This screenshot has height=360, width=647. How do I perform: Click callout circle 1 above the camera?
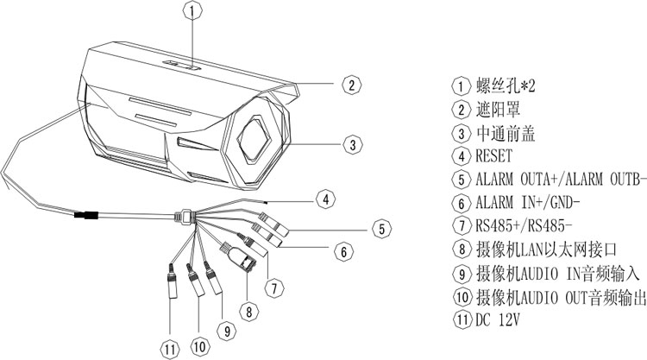(194, 10)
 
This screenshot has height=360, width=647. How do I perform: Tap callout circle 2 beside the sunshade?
(349, 85)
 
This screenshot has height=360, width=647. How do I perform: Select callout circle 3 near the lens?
(349, 144)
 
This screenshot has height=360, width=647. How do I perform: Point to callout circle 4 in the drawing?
(323, 199)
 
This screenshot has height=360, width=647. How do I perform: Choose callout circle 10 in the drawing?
(199, 346)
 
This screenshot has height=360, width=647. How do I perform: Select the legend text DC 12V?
(502, 319)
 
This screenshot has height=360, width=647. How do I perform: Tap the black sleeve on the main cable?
(86, 216)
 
